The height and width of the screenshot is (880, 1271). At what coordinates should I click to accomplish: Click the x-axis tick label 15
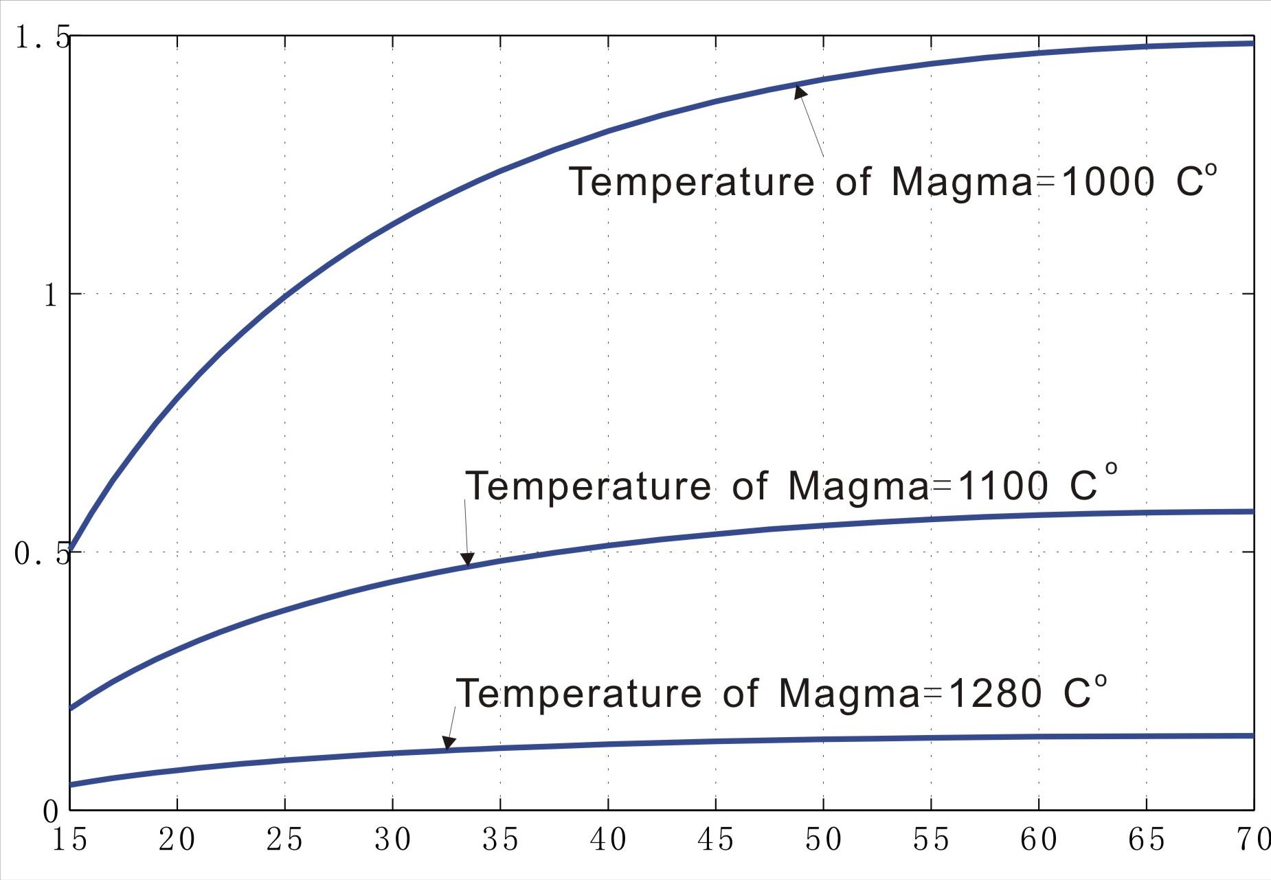tap(70, 839)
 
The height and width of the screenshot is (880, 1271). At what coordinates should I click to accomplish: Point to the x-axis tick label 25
tap(285, 839)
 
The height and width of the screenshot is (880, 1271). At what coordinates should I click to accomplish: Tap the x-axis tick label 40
tap(608, 839)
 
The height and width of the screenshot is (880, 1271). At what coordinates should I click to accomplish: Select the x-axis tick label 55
tap(931, 839)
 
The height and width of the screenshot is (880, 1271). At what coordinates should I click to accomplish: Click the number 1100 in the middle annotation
tap(1002, 486)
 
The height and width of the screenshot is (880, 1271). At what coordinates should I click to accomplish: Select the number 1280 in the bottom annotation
tap(994, 693)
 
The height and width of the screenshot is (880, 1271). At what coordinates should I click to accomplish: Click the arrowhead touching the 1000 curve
tap(800, 91)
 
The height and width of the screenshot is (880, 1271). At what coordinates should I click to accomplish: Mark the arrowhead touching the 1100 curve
tap(468, 559)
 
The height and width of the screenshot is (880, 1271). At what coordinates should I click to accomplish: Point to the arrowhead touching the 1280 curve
tap(448, 743)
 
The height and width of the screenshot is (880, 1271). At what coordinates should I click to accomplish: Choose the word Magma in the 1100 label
tap(858, 486)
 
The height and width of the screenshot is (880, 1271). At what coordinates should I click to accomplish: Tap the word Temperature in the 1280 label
tap(579, 693)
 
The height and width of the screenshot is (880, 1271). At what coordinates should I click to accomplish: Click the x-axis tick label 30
tap(393, 839)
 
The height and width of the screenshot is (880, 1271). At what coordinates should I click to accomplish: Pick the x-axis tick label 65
tap(1146, 839)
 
